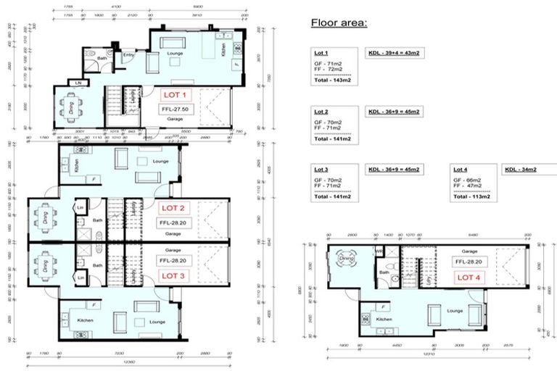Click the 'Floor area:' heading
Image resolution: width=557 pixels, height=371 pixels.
click(339, 22)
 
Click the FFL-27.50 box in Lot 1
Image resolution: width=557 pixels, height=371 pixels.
click(174, 108)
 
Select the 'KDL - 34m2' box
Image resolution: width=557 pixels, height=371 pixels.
click(521, 170)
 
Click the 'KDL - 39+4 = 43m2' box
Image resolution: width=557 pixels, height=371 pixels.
click(394, 54)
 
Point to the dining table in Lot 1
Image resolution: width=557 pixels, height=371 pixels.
click(71, 108)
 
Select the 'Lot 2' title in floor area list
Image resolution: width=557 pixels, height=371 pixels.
click(322, 112)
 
